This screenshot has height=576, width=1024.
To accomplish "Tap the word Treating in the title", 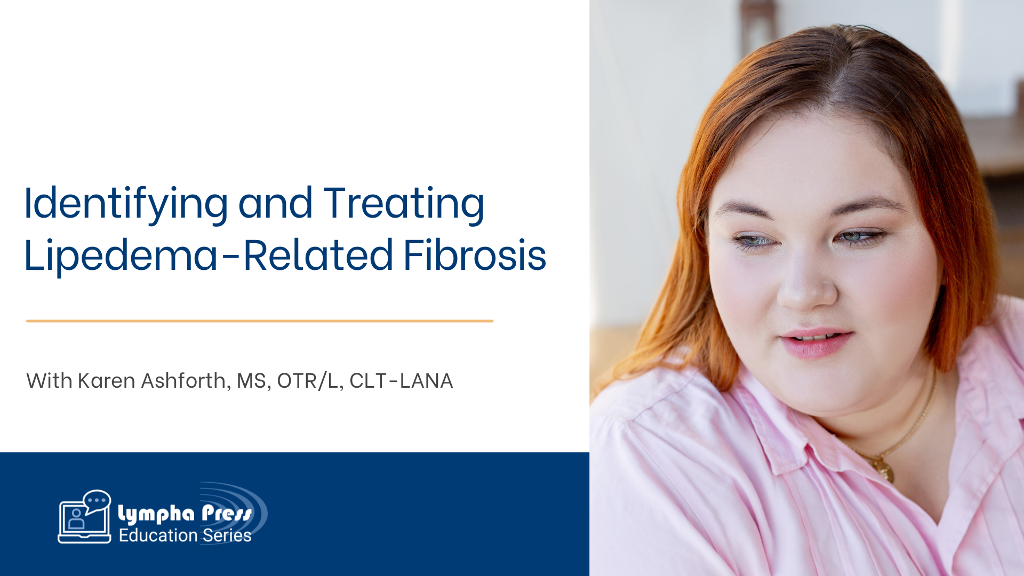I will point(404,204).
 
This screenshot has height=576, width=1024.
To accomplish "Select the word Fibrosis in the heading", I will point(475,255).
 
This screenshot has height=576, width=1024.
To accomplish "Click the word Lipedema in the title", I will point(121,255).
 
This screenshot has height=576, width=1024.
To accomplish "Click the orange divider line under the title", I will point(260,321).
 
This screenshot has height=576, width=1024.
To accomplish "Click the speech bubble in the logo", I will point(97,501).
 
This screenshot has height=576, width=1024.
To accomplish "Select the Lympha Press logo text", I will point(185,513).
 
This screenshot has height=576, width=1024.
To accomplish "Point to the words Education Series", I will point(185,535).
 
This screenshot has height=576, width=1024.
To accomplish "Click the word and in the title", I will point(275,204).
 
